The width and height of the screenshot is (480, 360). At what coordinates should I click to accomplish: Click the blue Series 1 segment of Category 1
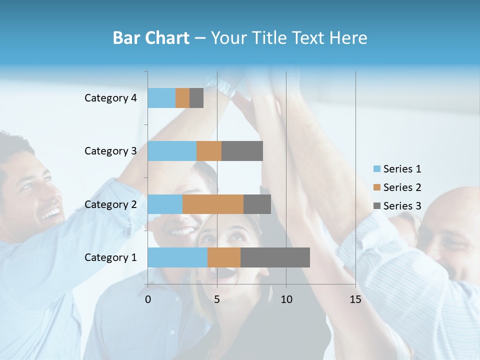(177, 257)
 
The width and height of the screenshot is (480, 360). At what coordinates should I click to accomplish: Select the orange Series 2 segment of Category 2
(213, 204)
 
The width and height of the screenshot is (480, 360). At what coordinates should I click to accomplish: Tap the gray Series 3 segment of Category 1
(275, 257)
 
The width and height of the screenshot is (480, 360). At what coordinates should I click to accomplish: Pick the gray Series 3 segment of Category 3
(242, 151)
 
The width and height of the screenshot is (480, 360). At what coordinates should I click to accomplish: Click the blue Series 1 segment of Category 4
(161, 98)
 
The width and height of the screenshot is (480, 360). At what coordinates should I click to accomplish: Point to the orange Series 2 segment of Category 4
(182, 98)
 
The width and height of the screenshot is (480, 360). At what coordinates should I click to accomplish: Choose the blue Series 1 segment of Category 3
(172, 151)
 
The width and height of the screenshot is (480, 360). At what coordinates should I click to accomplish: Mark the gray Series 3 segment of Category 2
(257, 204)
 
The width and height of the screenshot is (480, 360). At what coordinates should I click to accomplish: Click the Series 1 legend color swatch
(377, 169)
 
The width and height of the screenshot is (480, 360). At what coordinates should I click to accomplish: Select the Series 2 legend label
(402, 187)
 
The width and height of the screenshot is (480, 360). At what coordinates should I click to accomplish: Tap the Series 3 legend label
(402, 205)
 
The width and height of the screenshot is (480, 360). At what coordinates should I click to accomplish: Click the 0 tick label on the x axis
(148, 299)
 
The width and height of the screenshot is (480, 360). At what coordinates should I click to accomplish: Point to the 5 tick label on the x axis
(217, 299)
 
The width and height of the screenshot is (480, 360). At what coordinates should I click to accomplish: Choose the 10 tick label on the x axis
(286, 299)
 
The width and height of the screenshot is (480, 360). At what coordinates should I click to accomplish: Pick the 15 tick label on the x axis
(355, 299)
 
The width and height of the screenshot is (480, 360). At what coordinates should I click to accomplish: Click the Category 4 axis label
(110, 98)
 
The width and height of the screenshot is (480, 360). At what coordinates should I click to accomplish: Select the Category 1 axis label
(110, 257)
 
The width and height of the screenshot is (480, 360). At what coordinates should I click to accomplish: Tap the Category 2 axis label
(110, 204)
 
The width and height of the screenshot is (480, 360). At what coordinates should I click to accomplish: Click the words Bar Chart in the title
(150, 38)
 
